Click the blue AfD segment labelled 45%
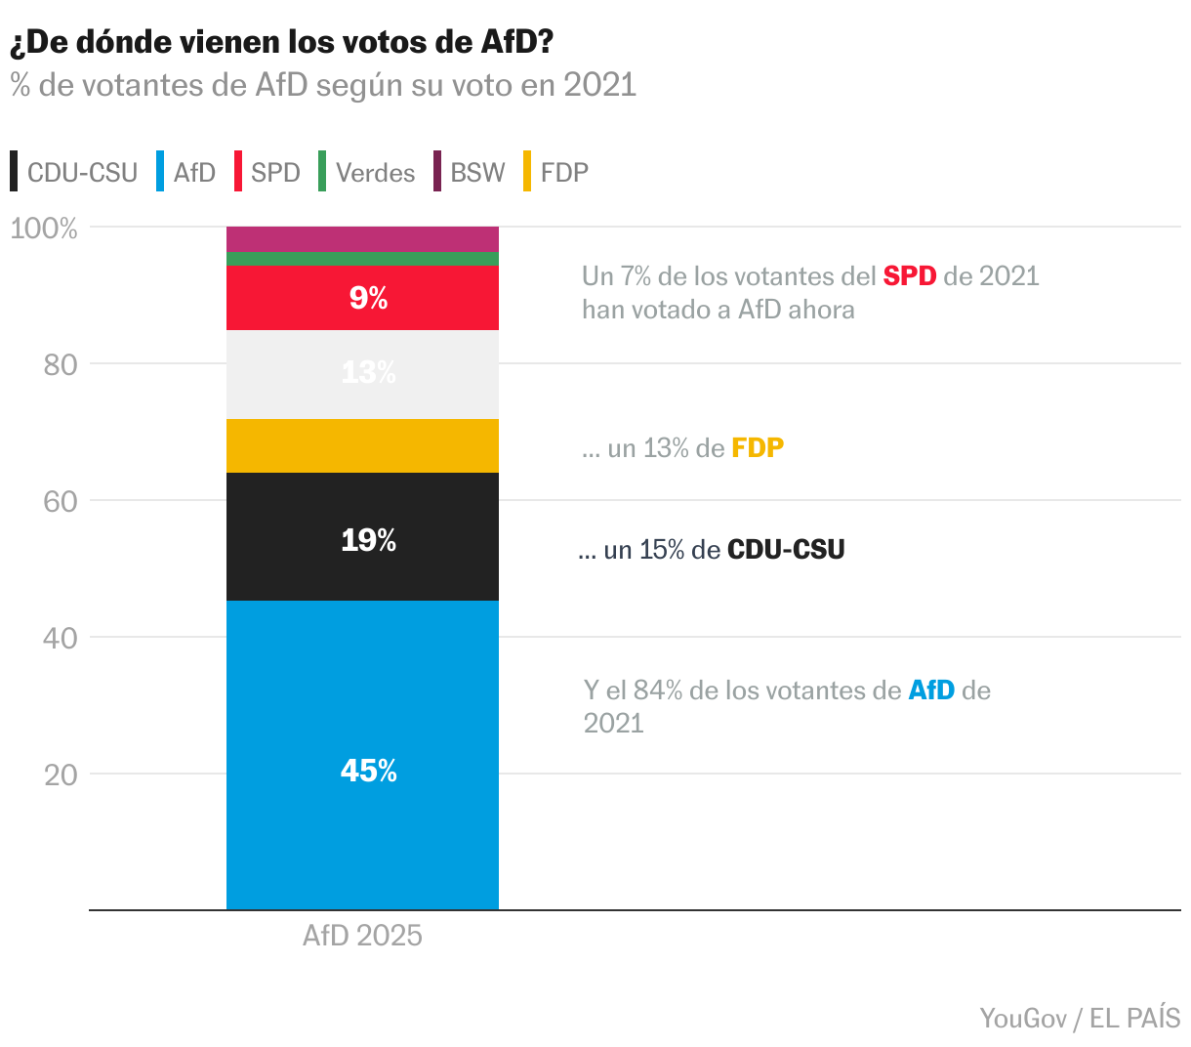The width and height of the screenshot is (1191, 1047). pyautogui.click(x=362, y=754)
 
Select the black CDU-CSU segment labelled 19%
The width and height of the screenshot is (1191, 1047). pyautogui.click(x=362, y=536)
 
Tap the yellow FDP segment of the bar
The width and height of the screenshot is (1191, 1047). pyautogui.click(x=362, y=445)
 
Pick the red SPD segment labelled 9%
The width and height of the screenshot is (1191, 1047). pyautogui.click(x=362, y=297)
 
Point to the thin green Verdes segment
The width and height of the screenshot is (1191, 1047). pyautogui.click(x=362, y=258)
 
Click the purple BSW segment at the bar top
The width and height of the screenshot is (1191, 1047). pyautogui.click(x=362, y=238)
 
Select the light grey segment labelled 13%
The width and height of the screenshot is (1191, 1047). pyautogui.click(x=362, y=374)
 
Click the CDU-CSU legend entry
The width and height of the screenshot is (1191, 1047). pyautogui.click(x=73, y=173)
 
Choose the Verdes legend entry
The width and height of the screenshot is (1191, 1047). pyautogui.click(x=367, y=173)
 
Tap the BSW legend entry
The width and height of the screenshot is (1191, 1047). pyautogui.click(x=470, y=173)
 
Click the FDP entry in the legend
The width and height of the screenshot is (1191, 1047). pyautogui.click(x=555, y=173)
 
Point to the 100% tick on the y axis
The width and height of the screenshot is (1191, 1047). pyautogui.click(x=43, y=229)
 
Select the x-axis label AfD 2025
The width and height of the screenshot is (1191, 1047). pyautogui.click(x=362, y=936)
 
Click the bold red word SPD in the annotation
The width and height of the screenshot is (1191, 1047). pyautogui.click(x=909, y=276)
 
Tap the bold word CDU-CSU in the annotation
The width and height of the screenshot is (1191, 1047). pyautogui.click(x=786, y=550)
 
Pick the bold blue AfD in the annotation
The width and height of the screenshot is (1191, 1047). pyautogui.click(x=930, y=691)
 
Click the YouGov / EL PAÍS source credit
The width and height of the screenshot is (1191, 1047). pyautogui.click(x=1080, y=1018)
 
